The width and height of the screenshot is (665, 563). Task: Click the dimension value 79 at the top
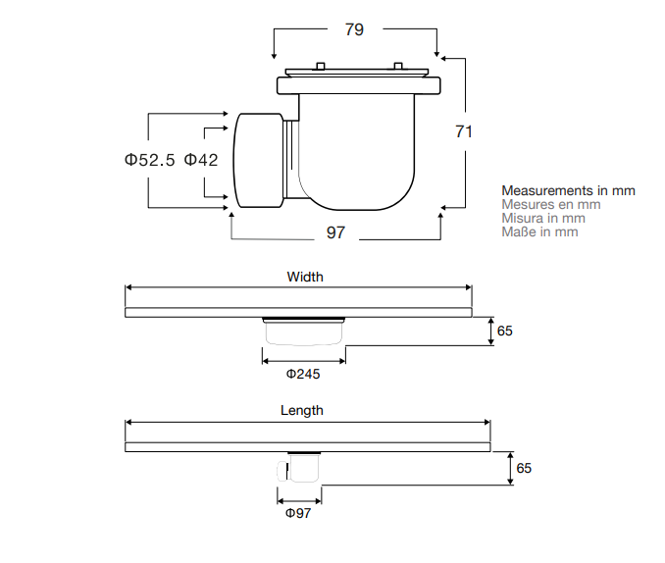click(x=354, y=29)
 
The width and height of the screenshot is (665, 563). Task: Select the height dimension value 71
click(x=464, y=131)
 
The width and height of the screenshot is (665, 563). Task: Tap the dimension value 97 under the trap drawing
click(x=335, y=232)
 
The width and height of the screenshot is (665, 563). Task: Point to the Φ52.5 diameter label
click(x=149, y=160)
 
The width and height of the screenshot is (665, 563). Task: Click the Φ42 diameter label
click(x=201, y=160)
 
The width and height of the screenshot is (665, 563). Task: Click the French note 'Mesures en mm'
click(x=550, y=204)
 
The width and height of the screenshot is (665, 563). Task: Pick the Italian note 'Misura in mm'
click(x=543, y=218)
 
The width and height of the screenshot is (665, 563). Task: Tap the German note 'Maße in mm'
click(x=539, y=231)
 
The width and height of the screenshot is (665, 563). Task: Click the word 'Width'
click(x=304, y=277)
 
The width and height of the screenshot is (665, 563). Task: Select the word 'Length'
click(x=302, y=410)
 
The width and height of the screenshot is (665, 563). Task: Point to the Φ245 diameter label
click(x=303, y=374)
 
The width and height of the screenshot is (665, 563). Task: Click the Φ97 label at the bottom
click(x=298, y=513)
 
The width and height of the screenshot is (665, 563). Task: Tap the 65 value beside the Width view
click(x=504, y=332)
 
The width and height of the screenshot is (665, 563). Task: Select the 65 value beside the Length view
click(x=524, y=468)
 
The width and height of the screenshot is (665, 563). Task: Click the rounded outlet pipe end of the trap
click(x=257, y=160)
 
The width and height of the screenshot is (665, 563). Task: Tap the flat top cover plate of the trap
click(x=358, y=73)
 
